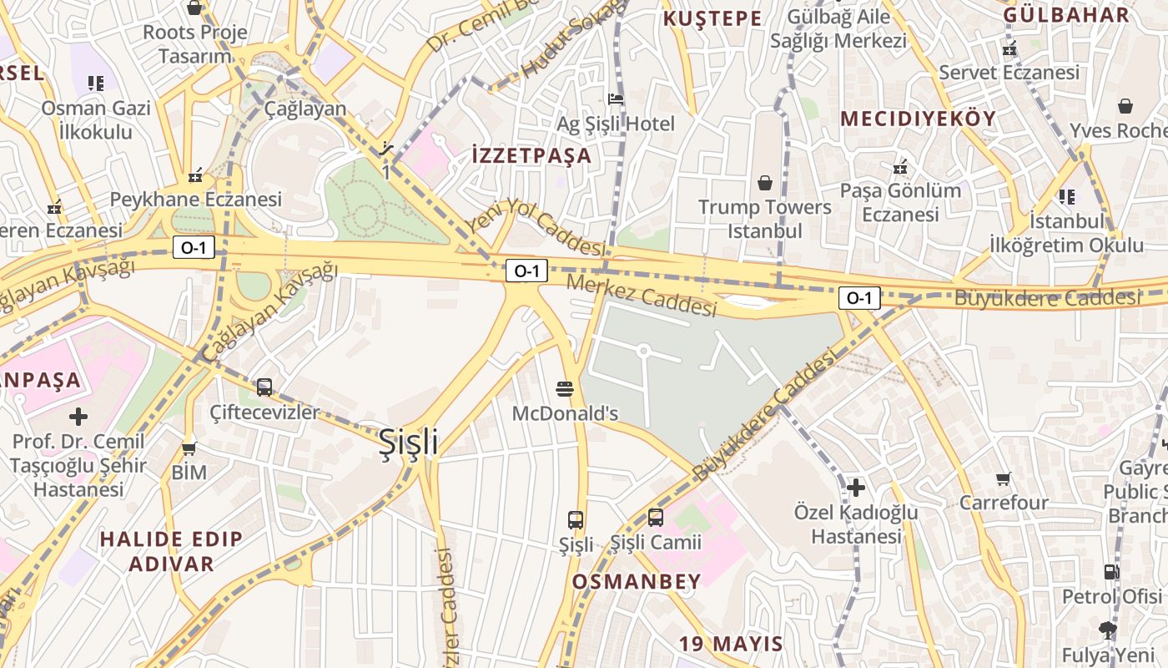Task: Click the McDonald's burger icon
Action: pyautogui.click(x=565, y=388)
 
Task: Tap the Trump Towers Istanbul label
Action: pyautogui.click(x=765, y=219)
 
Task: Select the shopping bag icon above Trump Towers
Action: pyautogui.click(x=765, y=182)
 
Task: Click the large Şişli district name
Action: pyautogui.click(x=408, y=442)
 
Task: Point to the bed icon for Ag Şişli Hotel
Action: pyautogui.click(x=617, y=99)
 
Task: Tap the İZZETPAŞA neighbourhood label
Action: pyautogui.click(x=531, y=155)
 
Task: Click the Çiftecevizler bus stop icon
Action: pyautogui.click(x=264, y=387)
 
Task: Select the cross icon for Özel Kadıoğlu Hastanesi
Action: pyautogui.click(x=856, y=487)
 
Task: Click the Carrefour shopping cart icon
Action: pyautogui.click(x=1004, y=479)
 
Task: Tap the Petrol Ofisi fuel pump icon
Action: pyautogui.click(x=1111, y=572)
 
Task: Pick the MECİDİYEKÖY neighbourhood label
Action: pyautogui.click(x=918, y=119)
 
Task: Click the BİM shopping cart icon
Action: pyautogui.click(x=189, y=448)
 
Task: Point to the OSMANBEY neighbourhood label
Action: pyautogui.click(x=637, y=582)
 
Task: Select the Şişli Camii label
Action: pyautogui.click(x=656, y=543)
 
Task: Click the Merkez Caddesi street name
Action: pyautogui.click(x=642, y=296)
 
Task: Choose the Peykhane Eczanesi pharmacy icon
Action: pyautogui.click(x=195, y=175)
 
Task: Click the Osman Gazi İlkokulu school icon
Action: pyautogui.click(x=96, y=83)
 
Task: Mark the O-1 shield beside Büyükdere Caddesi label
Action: pyautogui.click(x=859, y=298)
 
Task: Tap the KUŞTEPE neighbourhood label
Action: pyautogui.click(x=712, y=18)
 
